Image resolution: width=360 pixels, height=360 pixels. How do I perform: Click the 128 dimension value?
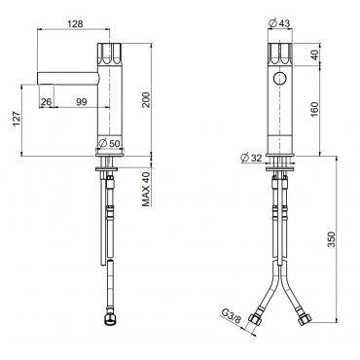tap(75, 23)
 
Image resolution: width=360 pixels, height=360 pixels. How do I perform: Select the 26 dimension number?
tap(47, 102)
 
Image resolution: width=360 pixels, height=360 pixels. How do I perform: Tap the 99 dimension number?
tap(82, 102)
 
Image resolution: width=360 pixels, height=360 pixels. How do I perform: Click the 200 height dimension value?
tap(146, 100)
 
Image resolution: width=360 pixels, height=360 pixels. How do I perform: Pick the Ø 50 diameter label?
tap(110, 143)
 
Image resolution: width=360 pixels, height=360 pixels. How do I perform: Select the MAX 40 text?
tap(146, 189)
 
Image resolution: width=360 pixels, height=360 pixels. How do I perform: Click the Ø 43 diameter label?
tap(279, 23)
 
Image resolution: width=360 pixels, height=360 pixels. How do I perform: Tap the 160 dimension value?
tap(314, 110)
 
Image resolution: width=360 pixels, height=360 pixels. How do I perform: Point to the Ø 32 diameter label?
tap(252, 158)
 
